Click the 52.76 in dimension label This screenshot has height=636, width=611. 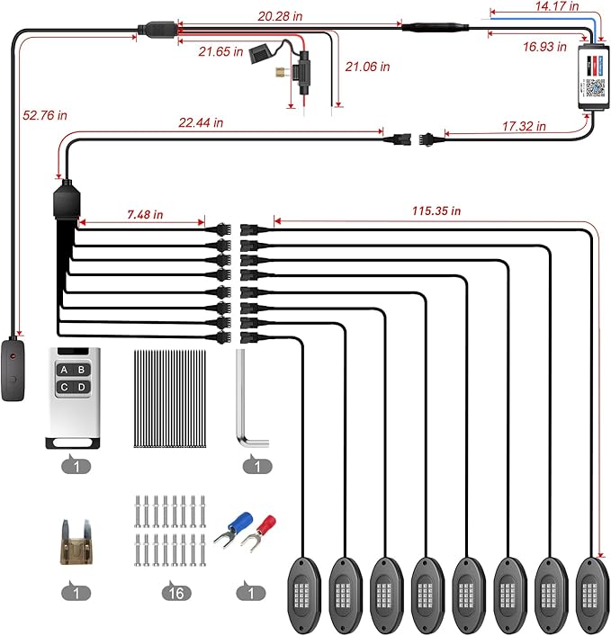tap(45, 116)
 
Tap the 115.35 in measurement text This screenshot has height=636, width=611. tap(436, 211)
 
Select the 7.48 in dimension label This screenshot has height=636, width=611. tap(145, 215)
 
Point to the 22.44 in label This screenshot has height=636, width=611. tap(201, 122)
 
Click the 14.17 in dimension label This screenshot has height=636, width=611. tap(557, 6)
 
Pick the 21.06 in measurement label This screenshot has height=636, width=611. tap(367, 67)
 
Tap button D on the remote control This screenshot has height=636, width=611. tap(82, 387)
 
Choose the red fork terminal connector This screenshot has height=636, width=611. tap(258, 533)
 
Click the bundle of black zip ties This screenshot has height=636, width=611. tap(169, 399)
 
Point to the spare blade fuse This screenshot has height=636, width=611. tap(76, 542)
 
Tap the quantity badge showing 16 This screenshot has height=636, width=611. tap(176, 593)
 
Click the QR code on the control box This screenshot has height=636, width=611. tap(595, 88)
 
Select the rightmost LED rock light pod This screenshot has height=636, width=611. tap(593, 595)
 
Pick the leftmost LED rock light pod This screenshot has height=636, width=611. tap(304, 595)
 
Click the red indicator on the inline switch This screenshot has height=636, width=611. tap(13, 356)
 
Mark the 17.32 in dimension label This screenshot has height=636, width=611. tap(524, 127)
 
